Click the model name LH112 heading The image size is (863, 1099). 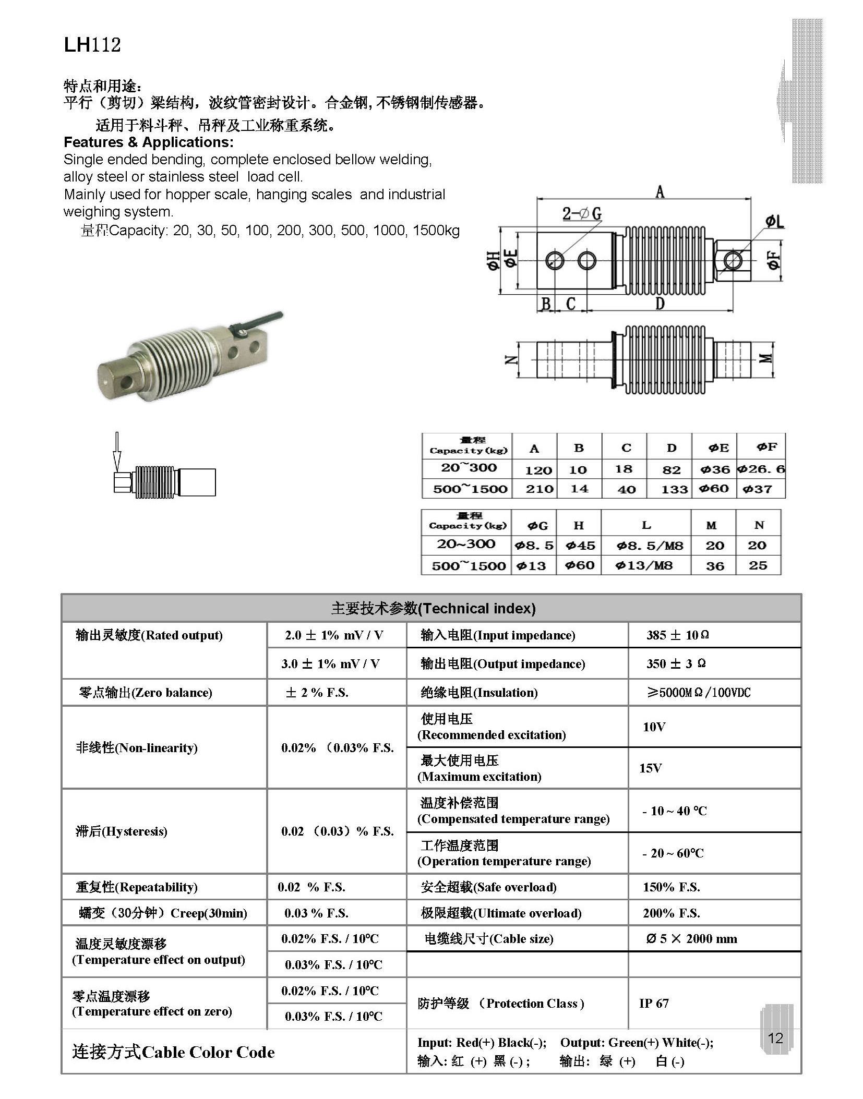click(x=92, y=45)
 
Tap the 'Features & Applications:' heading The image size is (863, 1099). click(x=149, y=142)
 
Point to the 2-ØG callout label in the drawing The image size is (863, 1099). click(x=581, y=213)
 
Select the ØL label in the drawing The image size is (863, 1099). click(x=774, y=222)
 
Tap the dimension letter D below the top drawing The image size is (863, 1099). click(x=660, y=304)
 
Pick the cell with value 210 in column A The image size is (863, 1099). click(x=539, y=489)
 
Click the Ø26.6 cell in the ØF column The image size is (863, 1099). click(x=761, y=469)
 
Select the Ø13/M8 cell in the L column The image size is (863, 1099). click(x=645, y=565)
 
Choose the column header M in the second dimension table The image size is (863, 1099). click(x=712, y=525)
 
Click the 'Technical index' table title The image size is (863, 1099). click(x=433, y=608)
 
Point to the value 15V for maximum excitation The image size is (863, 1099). click(x=650, y=768)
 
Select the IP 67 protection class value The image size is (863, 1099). click(x=654, y=1003)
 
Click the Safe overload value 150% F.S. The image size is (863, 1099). click(x=671, y=887)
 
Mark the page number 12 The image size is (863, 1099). click(x=775, y=1038)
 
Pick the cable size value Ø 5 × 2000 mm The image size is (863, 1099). click(x=691, y=939)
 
